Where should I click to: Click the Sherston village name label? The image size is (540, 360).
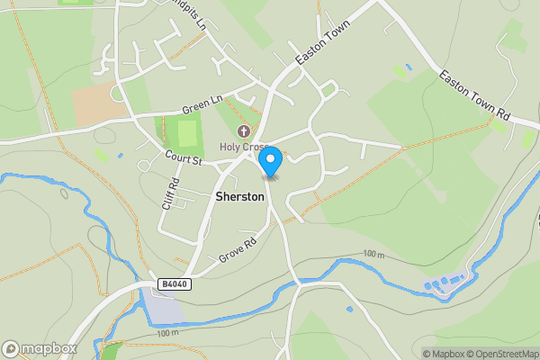(x=239, y=195)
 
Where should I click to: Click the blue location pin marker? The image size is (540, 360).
(x=270, y=160)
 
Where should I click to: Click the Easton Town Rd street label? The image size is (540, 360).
(x=474, y=97)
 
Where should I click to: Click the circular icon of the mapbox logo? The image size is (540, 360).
(x=12, y=348)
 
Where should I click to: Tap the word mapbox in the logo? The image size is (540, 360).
(x=49, y=348)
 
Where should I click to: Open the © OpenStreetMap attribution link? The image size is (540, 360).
(x=503, y=354)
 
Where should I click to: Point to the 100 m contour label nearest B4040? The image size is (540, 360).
(x=167, y=334)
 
